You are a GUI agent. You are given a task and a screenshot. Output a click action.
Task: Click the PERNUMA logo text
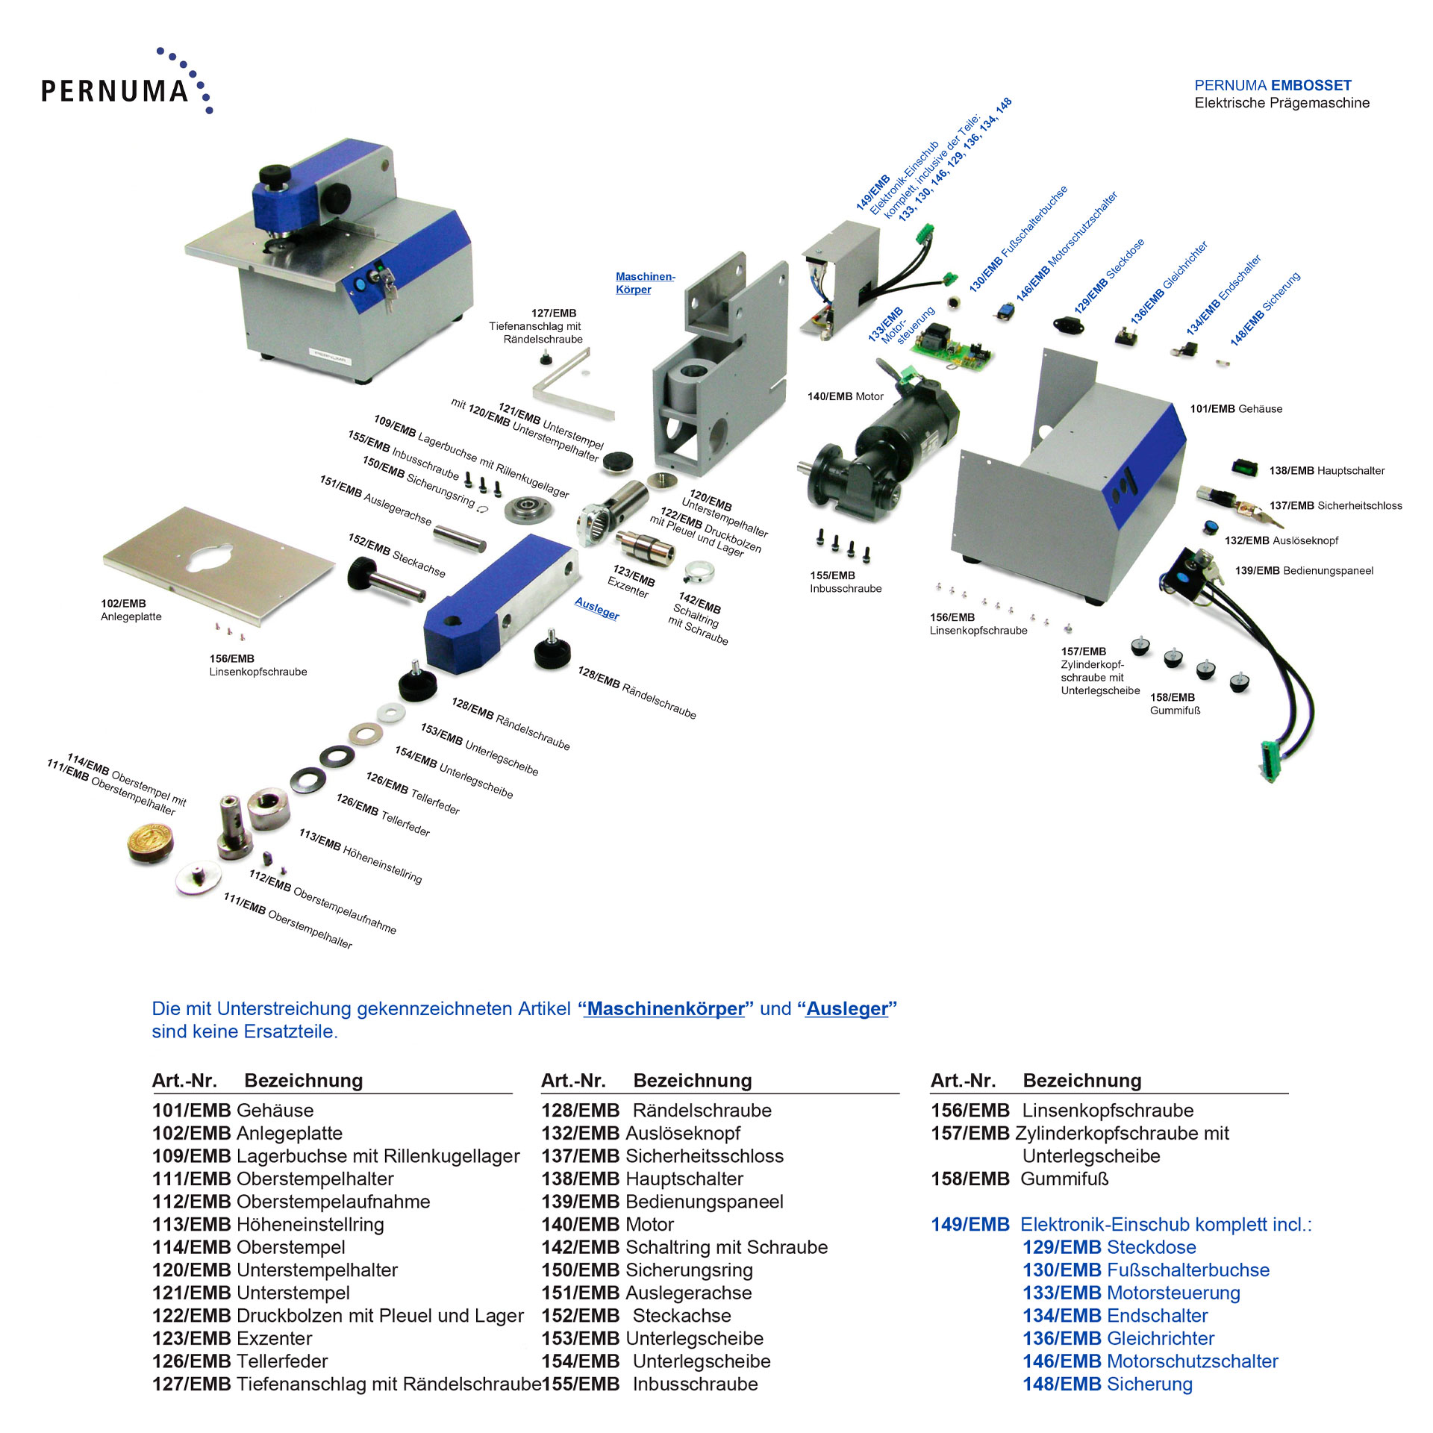tap(115, 90)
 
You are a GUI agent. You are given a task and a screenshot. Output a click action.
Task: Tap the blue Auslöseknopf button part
tap(1210, 528)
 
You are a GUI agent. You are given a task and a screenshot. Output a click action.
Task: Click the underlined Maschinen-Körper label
tap(644, 283)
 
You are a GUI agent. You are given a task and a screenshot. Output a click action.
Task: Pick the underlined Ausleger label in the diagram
tap(597, 608)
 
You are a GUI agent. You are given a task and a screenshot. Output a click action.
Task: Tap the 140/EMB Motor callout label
tap(845, 396)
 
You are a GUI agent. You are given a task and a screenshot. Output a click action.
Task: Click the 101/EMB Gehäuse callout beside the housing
tap(1236, 409)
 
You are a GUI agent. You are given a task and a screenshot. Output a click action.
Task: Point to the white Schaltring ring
tap(700, 571)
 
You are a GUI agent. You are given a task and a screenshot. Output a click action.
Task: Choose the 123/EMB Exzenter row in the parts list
tap(232, 1338)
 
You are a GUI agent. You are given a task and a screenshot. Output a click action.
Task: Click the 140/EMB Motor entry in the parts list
tap(608, 1224)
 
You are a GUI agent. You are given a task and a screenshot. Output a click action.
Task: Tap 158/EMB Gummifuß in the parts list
tap(1020, 1178)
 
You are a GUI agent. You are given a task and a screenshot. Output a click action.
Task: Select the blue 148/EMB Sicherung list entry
tap(1107, 1384)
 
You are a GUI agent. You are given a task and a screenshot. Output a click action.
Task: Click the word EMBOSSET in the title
tap(1312, 85)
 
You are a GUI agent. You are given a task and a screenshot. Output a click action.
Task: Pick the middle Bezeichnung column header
tap(692, 1080)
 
